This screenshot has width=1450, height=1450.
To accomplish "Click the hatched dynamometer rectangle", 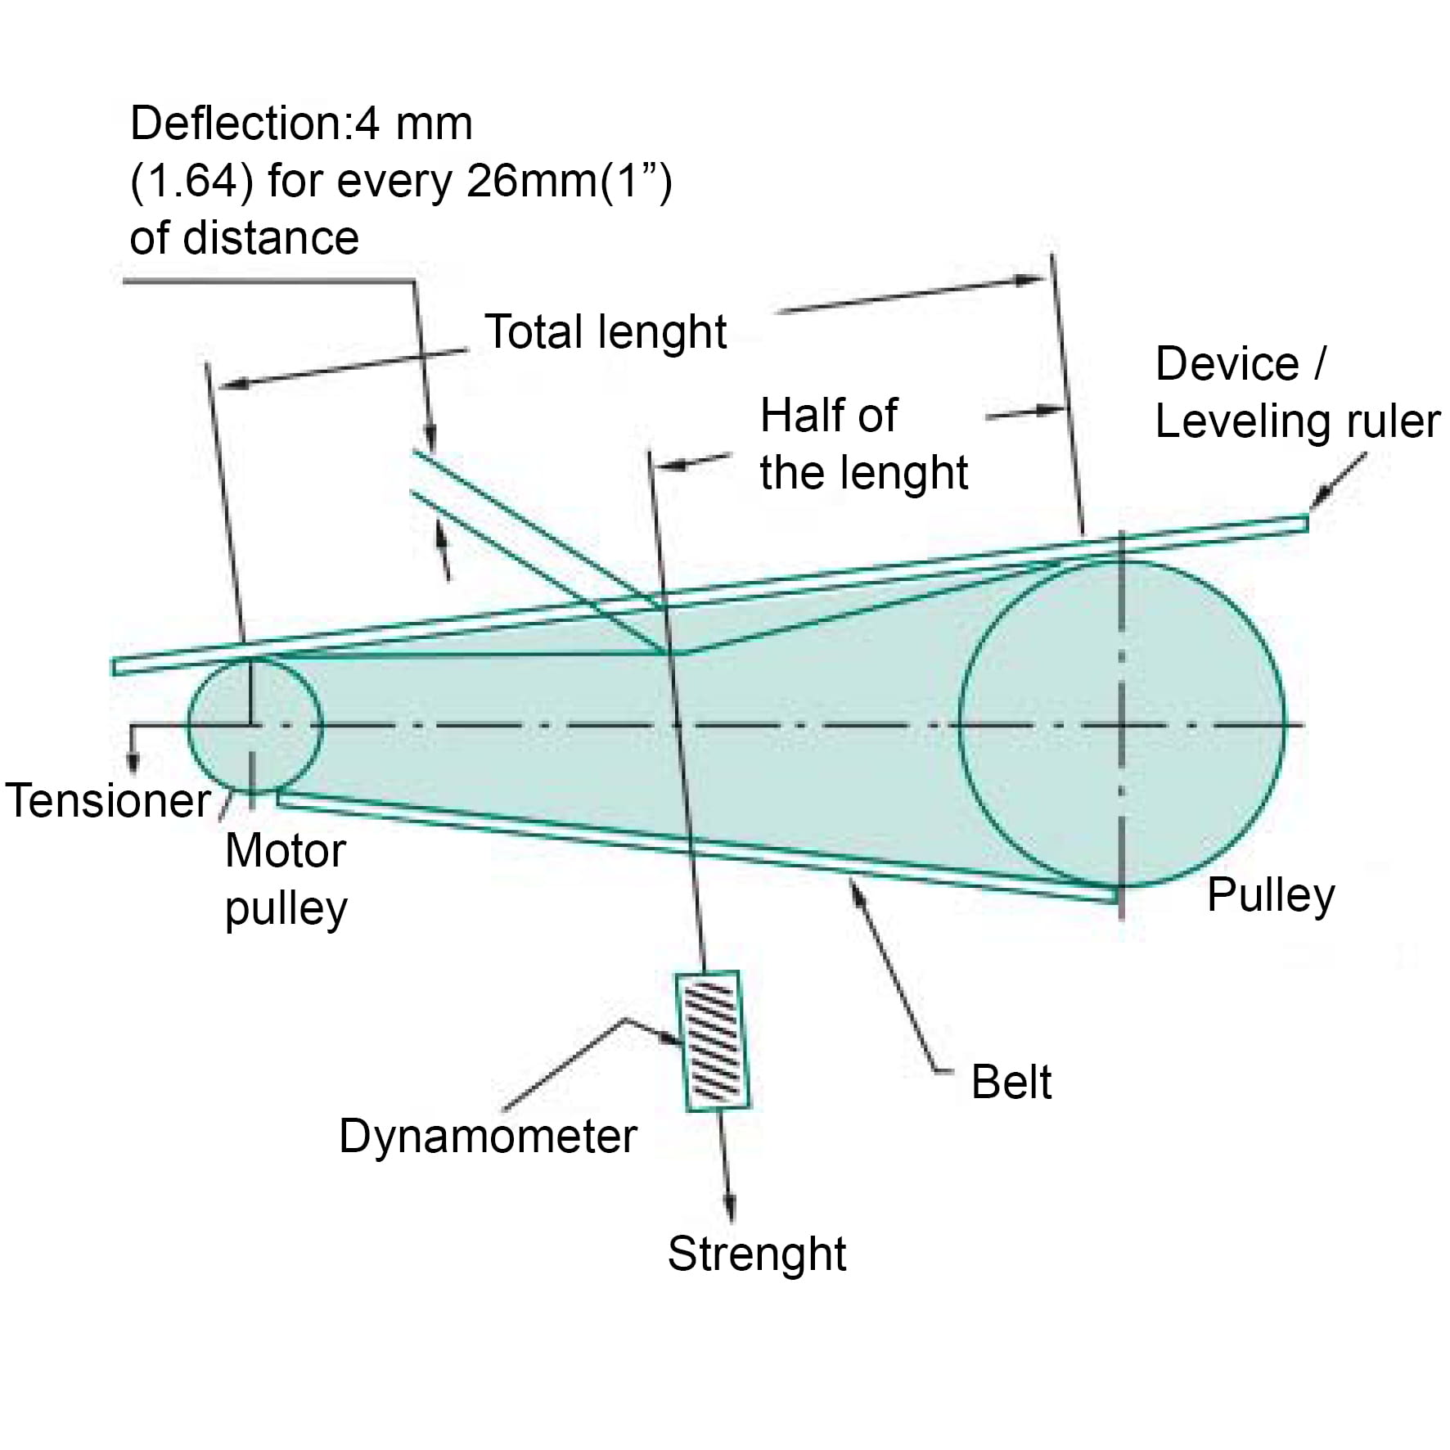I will (712, 1040).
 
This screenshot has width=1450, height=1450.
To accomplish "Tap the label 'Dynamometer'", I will (488, 1137).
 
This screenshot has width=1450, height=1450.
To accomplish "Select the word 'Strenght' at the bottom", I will (756, 1254).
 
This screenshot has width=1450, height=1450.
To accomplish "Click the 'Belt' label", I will (1011, 1083).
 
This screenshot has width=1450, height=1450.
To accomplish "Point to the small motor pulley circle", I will (254, 725).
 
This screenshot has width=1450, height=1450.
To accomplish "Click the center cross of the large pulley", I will (1121, 725).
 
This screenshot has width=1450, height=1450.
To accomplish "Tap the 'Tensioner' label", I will (108, 800).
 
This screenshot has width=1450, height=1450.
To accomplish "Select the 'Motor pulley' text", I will (286, 880).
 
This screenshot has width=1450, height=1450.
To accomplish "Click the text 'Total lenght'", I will (606, 332).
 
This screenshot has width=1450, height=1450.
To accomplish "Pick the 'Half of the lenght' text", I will (862, 444).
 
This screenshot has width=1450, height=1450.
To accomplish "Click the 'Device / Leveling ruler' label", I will (1296, 393).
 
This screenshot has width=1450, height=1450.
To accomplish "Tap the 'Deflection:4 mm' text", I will (301, 124).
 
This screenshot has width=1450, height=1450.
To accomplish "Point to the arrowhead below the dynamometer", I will (730, 1212).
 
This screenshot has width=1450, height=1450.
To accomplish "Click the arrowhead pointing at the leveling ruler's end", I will (1319, 500).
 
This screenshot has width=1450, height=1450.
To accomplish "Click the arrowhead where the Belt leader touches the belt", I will (856, 887).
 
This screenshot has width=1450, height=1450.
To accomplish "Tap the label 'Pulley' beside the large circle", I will (1270, 894).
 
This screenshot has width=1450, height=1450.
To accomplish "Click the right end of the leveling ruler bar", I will (1304, 522).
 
